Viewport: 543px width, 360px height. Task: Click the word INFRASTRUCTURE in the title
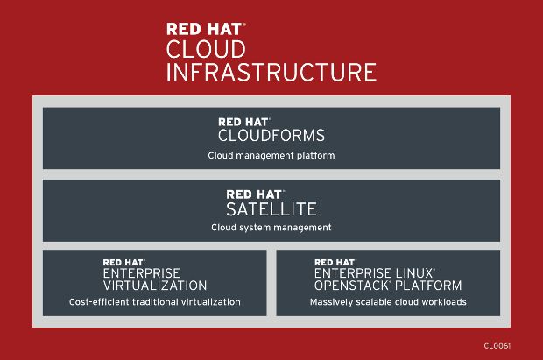coord(271,72)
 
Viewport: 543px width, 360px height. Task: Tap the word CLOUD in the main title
coord(206,49)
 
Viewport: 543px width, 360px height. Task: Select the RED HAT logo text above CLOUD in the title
coord(204,29)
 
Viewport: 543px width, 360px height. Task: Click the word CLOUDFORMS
coord(271,136)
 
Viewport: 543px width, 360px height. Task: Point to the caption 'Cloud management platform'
coord(271,156)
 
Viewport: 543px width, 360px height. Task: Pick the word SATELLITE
coord(271,209)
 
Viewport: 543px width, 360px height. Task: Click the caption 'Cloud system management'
coord(271,228)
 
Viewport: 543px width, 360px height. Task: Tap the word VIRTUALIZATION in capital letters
coord(155,286)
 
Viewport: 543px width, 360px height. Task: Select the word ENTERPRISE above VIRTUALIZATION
coord(141,273)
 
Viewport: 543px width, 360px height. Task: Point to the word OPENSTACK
coord(351,286)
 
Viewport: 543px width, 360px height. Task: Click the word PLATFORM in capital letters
coord(428,286)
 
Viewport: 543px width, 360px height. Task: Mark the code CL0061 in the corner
coord(497,346)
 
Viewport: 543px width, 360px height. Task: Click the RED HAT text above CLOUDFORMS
coord(243,123)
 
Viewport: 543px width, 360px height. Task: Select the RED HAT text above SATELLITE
coord(254,194)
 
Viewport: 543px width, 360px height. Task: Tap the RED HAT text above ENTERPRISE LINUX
coord(335,263)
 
